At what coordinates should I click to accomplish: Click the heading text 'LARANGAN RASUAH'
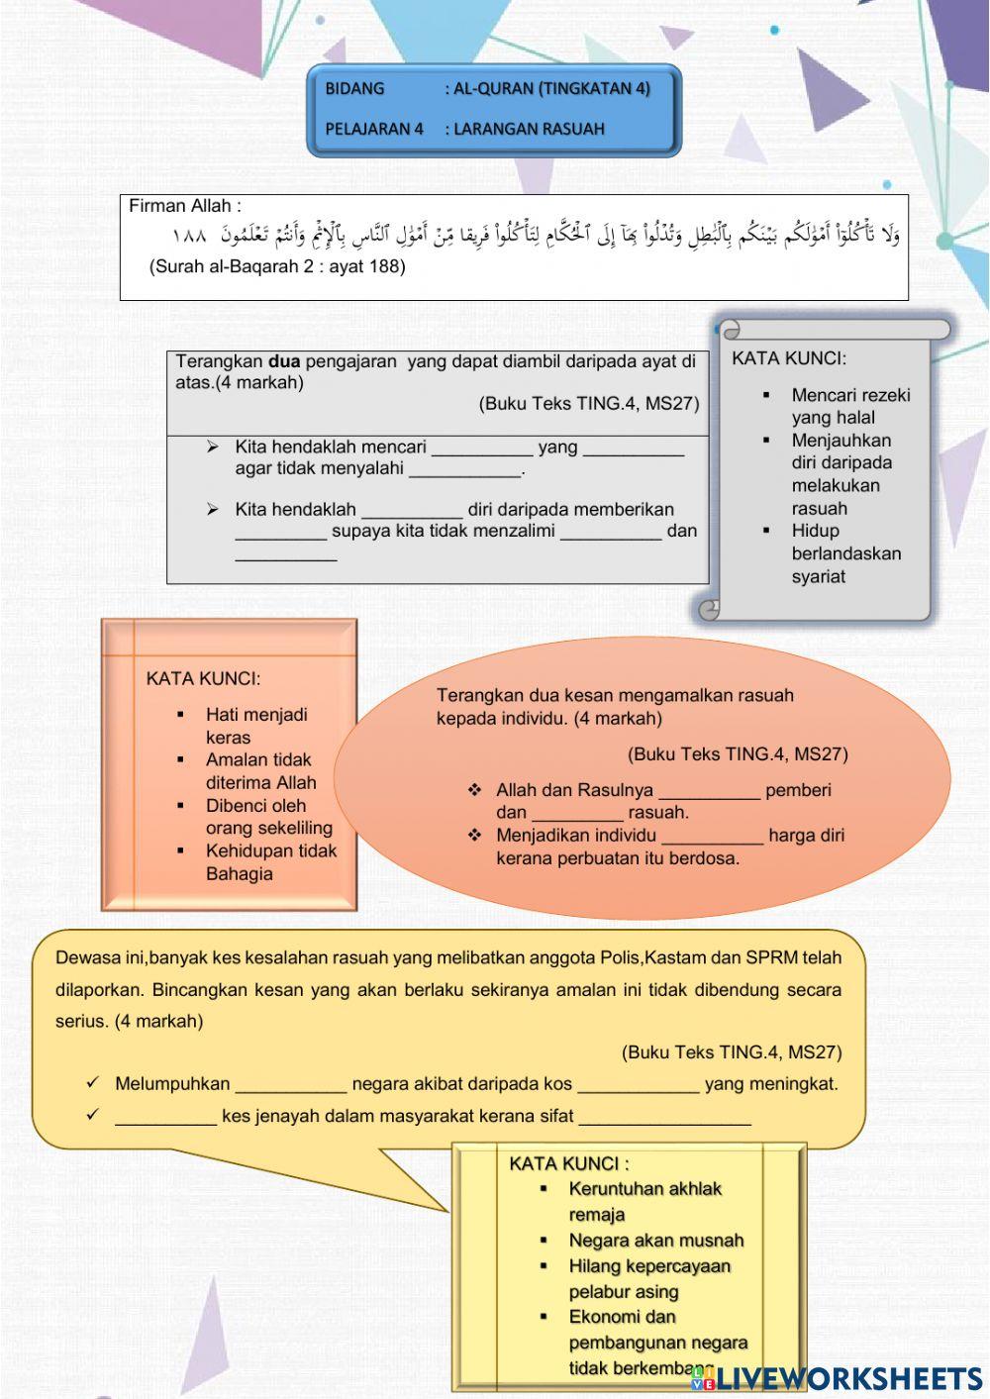point(529,129)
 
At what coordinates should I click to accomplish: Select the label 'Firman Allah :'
point(185,206)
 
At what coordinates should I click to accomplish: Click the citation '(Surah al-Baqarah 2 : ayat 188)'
point(277,266)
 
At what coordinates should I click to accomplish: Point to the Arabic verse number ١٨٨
point(188,236)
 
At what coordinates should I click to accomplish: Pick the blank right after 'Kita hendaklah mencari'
point(482,449)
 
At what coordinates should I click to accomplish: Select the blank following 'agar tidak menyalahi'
point(465,470)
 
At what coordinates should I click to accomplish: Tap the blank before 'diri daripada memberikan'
point(412,511)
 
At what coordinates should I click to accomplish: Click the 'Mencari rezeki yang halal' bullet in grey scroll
point(849,406)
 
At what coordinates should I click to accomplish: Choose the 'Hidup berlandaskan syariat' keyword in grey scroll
point(845,553)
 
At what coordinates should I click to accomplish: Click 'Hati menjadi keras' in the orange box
point(255,726)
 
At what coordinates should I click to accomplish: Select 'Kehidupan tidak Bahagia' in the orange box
point(270,862)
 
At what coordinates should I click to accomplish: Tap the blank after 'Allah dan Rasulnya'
point(709,792)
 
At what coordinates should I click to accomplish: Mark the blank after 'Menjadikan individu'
point(712,837)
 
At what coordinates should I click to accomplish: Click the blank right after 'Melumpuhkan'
point(291,1085)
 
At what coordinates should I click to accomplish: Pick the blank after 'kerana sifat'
point(664,1118)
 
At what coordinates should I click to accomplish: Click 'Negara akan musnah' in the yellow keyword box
point(655,1241)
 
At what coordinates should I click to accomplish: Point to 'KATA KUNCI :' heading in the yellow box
point(568,1163)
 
